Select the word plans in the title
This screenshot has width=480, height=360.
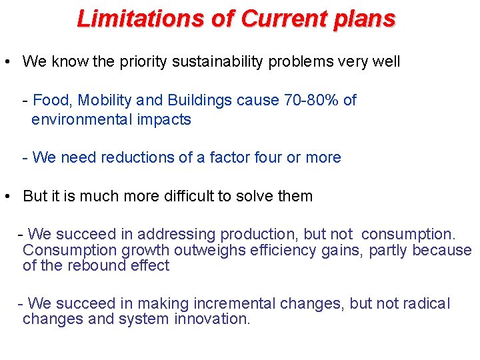(364, 18)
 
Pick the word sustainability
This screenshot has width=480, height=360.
(219, 62)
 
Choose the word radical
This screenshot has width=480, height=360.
(425, 304)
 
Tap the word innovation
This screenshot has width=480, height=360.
(212, 319)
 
